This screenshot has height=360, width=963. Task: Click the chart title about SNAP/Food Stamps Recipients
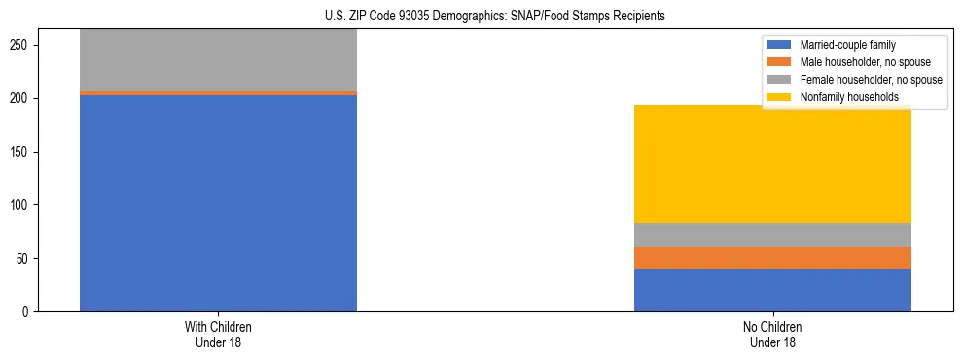(x=481, y=17)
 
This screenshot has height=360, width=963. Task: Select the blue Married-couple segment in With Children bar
(x=218, y=203)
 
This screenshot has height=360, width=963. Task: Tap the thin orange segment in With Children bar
(x=218, y=93)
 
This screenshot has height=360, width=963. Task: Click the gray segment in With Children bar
(x=218, y=60)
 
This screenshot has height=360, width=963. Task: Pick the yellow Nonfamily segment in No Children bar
(x=772, y=163)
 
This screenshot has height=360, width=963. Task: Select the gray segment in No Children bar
(x=772, y=234)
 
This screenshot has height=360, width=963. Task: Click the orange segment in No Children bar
(x=772, y=258)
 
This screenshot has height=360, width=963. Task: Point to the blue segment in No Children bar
(x=772, y=290)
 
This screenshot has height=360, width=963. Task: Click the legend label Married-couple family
(x=847, y=45)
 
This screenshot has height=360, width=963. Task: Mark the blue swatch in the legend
(x=780, y=45)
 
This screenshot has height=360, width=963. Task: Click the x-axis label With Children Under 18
(x=218, y=335)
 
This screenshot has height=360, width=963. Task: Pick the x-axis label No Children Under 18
(x=772, y=335)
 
